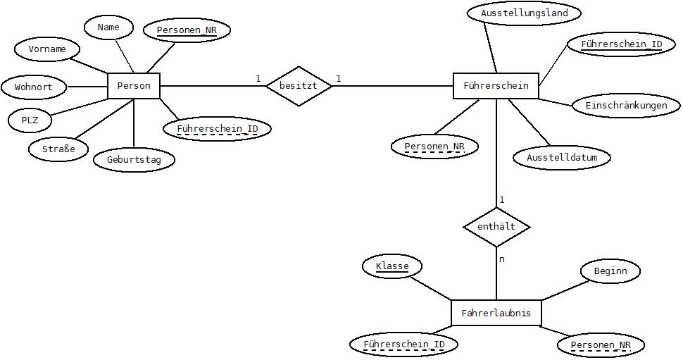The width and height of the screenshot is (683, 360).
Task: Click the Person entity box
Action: pyautogui.click(x=134, y=86)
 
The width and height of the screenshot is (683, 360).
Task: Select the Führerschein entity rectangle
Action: pyautogui.click(x=496, y=85)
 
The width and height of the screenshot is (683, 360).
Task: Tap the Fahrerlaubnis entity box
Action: pyautogui.click(x=496, y=313)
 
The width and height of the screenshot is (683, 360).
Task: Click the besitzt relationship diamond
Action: pyautogui.click(x=299, y=86)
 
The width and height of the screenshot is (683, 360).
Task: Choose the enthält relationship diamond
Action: pyautogui.click(x=496, y=227)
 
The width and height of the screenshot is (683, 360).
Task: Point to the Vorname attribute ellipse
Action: pyautogui.click(x=47, y=49)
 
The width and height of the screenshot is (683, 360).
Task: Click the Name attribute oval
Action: pyautogui.click(x=108, y=27)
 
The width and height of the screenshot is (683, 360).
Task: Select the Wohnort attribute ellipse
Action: pyautogui.click(x=34, y=87)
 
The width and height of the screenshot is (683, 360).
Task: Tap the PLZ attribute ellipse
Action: pyautogui.click(x=30, y=120)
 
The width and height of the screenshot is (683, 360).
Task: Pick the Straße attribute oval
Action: pyautogui.click(x=58, y=149)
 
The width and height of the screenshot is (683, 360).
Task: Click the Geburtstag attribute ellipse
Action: pyautogui.click(x=134, y=159)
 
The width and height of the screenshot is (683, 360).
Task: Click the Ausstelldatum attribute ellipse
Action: pyautogui.click(x=562, y=157)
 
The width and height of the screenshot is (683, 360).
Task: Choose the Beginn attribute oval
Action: pyautogui.click(x=610, y=271)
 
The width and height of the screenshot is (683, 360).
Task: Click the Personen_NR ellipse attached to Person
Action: pyautogui.click(x=187, y=30)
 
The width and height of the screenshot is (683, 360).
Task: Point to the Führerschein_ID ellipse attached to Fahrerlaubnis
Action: pyautogui.click(x=403, y=345)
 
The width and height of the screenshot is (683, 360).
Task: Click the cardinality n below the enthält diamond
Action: pyautogui.click(x=502, y=259)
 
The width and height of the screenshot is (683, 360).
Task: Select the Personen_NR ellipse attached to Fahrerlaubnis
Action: pyautogui.click(x=601, y=346)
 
